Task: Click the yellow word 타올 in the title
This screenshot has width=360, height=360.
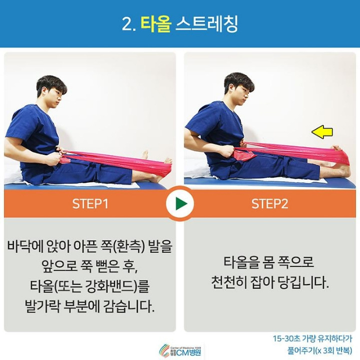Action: [156, 24]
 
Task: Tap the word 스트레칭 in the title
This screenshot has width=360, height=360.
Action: [206, 24]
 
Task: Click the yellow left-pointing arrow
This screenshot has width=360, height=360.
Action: [322, 132]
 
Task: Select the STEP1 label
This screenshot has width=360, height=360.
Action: [90, 204]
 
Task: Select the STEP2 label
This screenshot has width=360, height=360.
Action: [269, 204]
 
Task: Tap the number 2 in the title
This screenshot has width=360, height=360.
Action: [126, 24]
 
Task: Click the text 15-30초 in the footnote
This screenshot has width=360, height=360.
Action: [285, 338]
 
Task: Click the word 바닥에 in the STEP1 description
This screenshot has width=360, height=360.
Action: [26, 246]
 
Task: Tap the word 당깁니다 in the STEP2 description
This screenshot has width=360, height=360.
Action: [303, 283]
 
